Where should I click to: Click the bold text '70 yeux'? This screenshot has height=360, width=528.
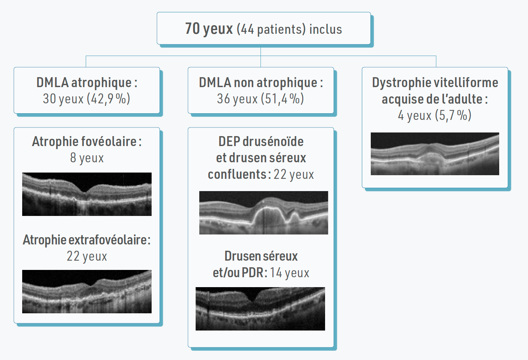(x=209, y=29)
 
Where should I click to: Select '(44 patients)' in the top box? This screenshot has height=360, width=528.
(x=271, y=29)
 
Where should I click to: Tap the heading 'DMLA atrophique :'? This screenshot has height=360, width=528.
(x=87, y=83)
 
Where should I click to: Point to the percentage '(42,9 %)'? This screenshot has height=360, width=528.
(x=109, y=99)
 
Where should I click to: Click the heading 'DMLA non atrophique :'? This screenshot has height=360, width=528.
(x=261, y=83)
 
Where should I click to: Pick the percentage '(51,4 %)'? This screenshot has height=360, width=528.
(x=282, y=99)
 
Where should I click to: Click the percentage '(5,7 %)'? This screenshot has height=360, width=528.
(x=453, y=115)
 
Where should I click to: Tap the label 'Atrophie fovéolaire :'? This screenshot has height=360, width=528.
(x=87, y=141)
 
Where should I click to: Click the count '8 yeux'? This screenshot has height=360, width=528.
(x=87, y=158)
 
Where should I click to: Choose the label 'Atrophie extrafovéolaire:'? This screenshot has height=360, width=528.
(x=86, y=240)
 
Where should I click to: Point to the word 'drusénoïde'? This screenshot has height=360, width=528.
(x=273, y=141)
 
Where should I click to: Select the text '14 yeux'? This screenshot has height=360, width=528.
(x=289, y=273)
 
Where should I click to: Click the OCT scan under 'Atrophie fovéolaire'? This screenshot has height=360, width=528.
(x=87, y=194)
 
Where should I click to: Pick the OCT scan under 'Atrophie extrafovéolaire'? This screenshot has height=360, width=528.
(x=87, y=291)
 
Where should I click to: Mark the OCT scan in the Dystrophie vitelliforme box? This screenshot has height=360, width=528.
(x=435, y=154)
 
